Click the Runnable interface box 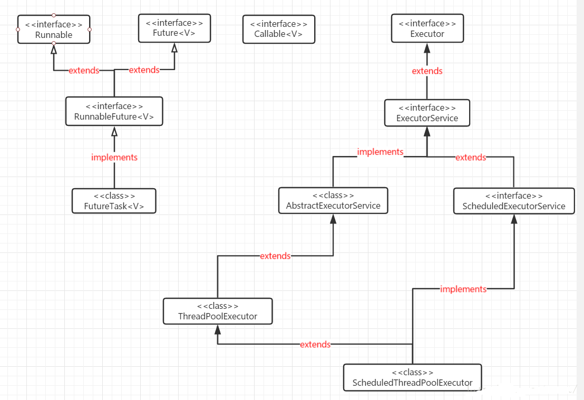(54, 30)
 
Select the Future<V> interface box (174, 28)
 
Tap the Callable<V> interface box (279, 29)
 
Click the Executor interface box (427, 28)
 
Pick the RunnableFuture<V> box (114, 111)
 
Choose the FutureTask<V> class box (114, 201)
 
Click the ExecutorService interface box (427, 113)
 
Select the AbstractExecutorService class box (333, 200)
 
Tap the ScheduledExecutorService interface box (514, 201)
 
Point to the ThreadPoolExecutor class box (218, 311)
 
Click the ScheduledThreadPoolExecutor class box (412, 378)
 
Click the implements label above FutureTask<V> (114, 157)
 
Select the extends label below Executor (427, 71)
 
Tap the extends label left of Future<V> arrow (144, 70)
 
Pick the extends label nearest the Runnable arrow (84, 71)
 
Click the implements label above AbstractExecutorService (380, 152)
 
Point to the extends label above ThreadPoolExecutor (275, 256)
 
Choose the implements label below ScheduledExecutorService (463, 289)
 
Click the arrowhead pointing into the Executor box (427, 48)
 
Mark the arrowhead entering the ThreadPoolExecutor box (218, 329)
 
